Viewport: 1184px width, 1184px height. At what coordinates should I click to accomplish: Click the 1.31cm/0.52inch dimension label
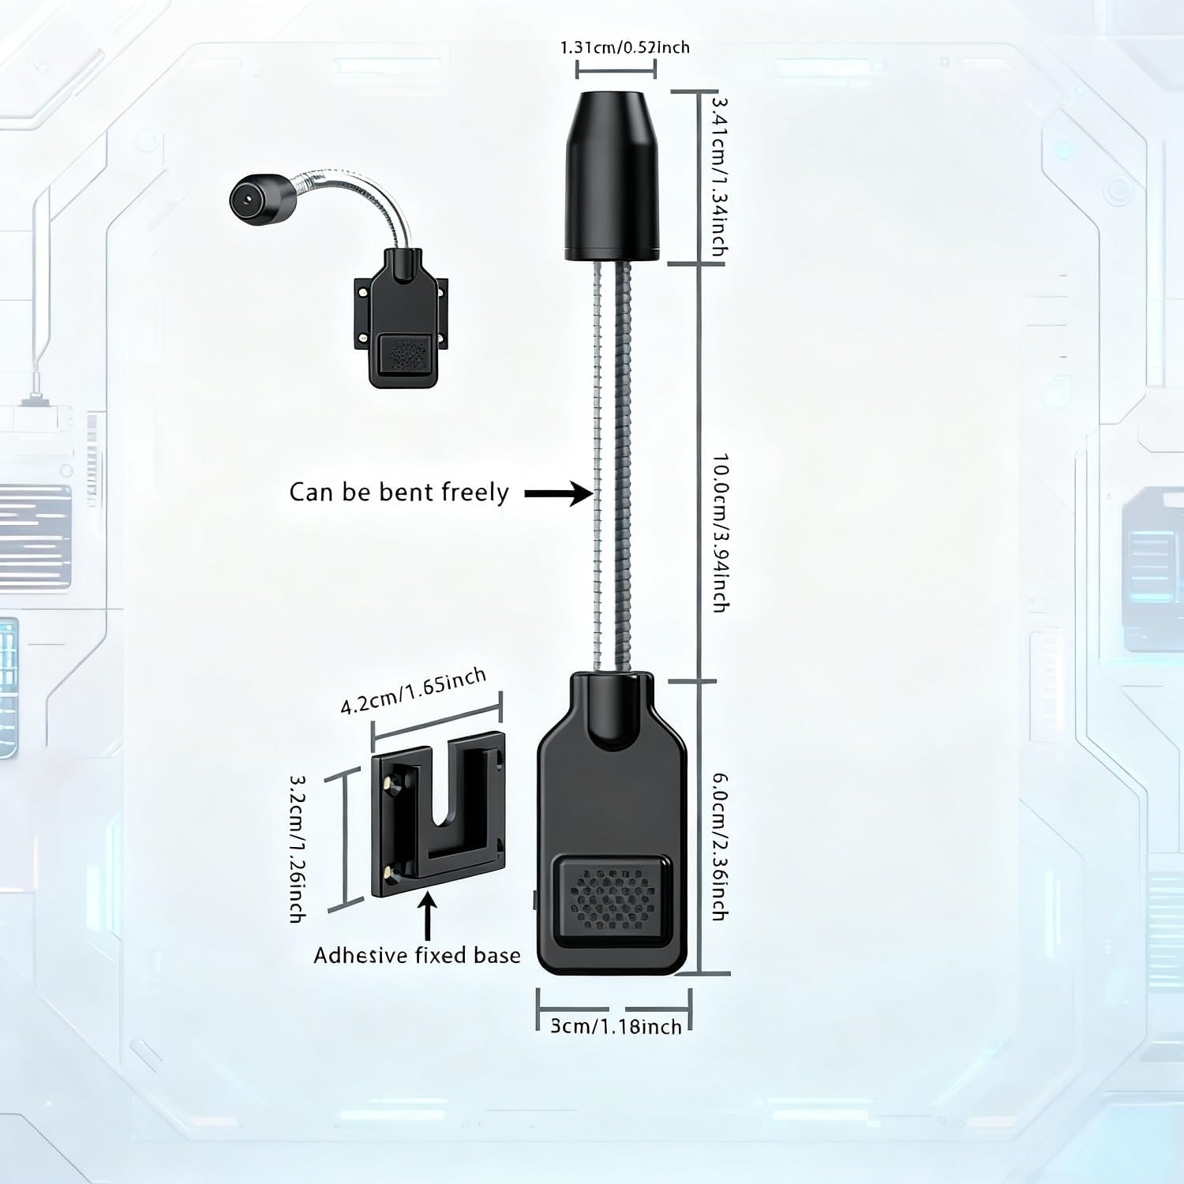(x=624, y=47)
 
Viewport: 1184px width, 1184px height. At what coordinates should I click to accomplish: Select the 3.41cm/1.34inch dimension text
(x=719, y=175)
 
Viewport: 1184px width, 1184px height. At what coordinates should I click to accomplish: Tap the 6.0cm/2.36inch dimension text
(x=719, y=846)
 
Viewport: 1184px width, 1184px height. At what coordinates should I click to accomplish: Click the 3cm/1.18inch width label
(x=615, y=1026)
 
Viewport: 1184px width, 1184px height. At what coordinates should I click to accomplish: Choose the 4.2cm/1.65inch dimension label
(x=413, y=692)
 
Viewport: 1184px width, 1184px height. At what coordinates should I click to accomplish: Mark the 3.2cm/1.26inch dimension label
(x=298, y=847)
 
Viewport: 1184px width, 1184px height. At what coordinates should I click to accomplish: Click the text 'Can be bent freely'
(x=399, y=493)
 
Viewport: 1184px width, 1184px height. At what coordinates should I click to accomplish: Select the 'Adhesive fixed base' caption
(x=417, y=956)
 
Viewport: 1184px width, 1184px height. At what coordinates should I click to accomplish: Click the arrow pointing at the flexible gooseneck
(x=558, y=494)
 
